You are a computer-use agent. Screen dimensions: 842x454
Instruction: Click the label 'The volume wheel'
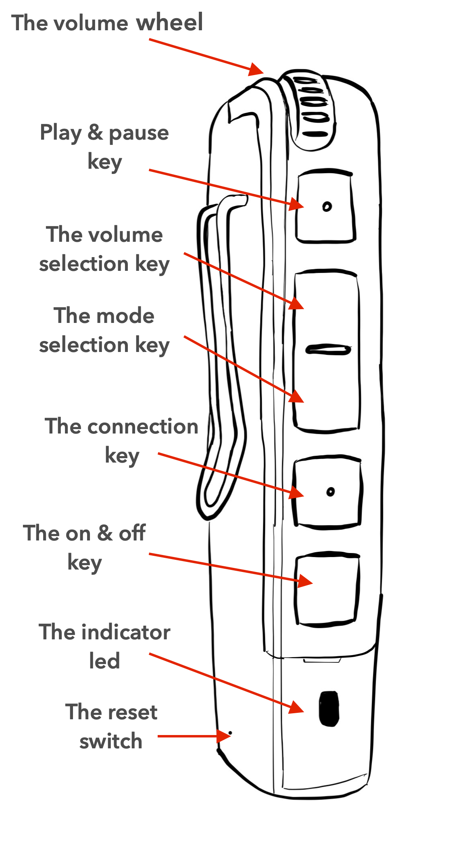pyautogui.click(x=107, y=23)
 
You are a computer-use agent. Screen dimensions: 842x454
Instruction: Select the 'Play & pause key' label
pyautogui.click(x=104, y=147)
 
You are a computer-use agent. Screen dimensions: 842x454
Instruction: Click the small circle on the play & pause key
pyautogui.click(x=327, y=207)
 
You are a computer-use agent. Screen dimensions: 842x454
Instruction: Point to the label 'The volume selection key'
pyautogui.click(x=104, y=249)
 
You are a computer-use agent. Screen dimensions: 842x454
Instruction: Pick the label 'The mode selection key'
pyautogui.click(x=104, y=330)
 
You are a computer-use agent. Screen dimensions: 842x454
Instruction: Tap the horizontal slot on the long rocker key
pyautogui.click(x=328, y=350)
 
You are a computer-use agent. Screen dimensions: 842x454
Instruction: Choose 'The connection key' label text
pyautogui.click(x=121, y=441)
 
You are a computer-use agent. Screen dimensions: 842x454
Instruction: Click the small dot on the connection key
pyautogui.click(x=331, y=492)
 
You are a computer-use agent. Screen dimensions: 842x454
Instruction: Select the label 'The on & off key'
pyautogui.click(x=84, y=547)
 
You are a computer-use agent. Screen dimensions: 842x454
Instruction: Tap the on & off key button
pyautogui.click(x=327, y=589)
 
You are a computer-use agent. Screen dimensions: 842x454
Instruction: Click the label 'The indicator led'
pyautogui.click(x=104, y=646)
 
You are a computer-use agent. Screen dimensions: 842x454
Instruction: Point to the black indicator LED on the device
pyautogui.click(x=329, y=709)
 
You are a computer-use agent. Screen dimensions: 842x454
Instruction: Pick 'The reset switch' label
pyautogui.click(x=111, y=726)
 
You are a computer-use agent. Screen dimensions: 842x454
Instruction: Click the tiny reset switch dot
pyautogui.click(x=230, y=732)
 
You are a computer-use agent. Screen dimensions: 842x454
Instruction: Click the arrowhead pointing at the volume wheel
pyautogui.click(x=256, y=70)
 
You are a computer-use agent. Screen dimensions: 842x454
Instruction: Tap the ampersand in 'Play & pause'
pyautogui.click(x=95, y=132)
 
